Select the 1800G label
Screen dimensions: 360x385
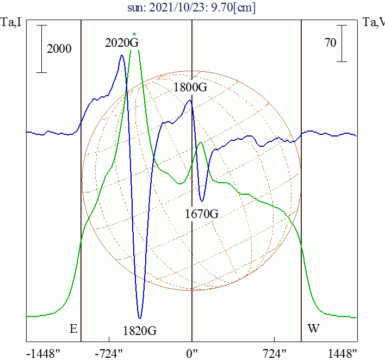pyautogui.click(x=190, y=87)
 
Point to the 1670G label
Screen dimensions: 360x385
pyautogui.click(x=202, y=214)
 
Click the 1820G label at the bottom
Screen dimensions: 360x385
pyautogui.click(x=140, y=330)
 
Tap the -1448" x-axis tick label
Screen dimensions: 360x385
pyautogui.click(x=44, y=353)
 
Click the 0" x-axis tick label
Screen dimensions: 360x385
pyautogui.click(x=192, y=353)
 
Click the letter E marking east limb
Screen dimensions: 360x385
pyautogui.click(x=73, y=328)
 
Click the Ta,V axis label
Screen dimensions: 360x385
pyautogui.click(x=374, y=23)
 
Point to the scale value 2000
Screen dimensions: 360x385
pyautogui.click(x=59, y=49)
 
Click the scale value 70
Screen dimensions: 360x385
pyautogui.click(x=330, y=43)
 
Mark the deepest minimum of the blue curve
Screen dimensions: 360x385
pyautogui.click(x=140, y=318)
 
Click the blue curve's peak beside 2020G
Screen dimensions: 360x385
pyautogui.click(x=122, y=55)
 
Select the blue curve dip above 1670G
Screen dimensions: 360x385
pyautogui.click(x=202, y=201)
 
